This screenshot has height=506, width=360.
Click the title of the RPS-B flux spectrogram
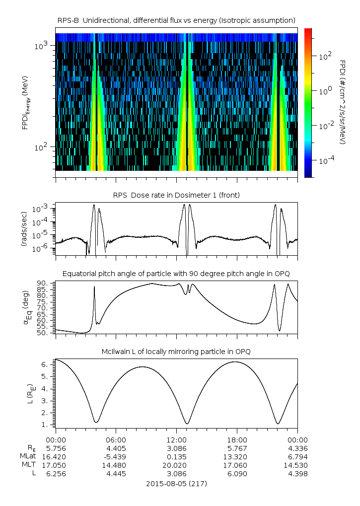[x=176, y=20]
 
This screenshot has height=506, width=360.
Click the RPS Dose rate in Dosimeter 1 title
[x=176, y=195]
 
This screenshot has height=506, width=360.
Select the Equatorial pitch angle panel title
[x=176, y=274]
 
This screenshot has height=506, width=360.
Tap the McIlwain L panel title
[x=176, y=352]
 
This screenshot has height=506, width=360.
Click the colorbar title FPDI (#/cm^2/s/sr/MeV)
[x=343, y=102]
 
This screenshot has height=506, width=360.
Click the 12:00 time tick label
[x=177, y=439]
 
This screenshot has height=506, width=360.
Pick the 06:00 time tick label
[x=116, y=439]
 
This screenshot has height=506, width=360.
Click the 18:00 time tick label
[x=237, y=439]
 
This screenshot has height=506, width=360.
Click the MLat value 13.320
[x=237, y=456]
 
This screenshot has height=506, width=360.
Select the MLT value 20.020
[x=177, y=465]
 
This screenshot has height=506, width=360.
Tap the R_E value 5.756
[x=56, y=448]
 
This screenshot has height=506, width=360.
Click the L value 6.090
[x=237, y=473]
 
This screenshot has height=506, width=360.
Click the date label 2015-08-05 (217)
[x=176, y=483]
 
